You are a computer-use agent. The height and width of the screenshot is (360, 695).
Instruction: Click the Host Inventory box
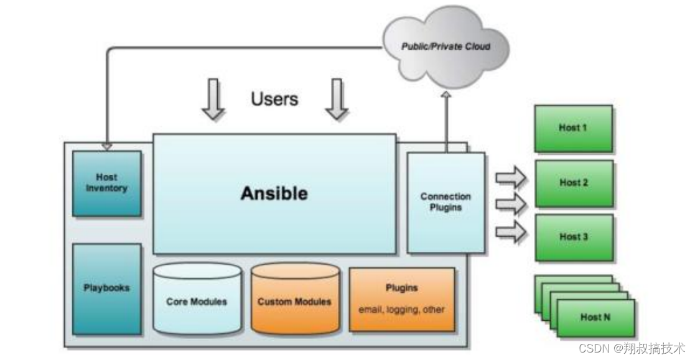click(106, 183)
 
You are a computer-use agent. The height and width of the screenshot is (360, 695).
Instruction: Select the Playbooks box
click(106, 288)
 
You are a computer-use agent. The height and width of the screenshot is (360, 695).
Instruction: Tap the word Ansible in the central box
click(274, 193)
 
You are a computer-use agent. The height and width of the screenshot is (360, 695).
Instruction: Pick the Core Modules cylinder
click(197, 301)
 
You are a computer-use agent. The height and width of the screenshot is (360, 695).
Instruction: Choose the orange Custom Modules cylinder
click(294, 301)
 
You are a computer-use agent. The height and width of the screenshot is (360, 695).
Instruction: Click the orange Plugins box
click(401, 298)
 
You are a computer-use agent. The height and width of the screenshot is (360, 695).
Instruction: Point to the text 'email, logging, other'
click(401, 309)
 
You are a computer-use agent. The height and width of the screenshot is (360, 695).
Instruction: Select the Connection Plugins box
click(445, 202)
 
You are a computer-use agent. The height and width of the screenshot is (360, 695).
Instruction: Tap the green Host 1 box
click(573, 127)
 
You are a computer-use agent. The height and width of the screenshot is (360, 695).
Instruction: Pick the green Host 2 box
click(573, 183)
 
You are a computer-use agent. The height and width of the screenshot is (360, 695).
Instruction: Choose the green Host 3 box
click(573, 236)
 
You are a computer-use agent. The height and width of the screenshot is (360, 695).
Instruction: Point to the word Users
click(274, 98)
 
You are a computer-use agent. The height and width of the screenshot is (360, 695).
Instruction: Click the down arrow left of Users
click(213, 99)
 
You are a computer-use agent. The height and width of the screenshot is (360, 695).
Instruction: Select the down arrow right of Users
click(337, 99)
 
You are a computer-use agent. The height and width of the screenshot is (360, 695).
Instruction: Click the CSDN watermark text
click(632, 348)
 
